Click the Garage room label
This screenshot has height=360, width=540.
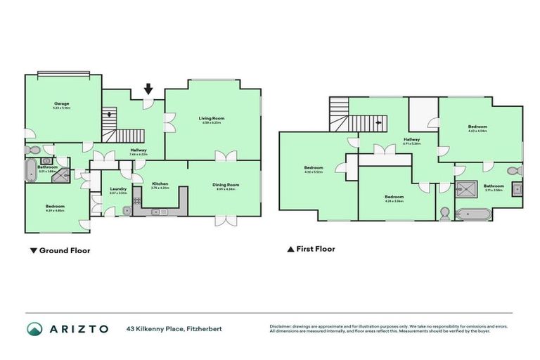(x=62, y=103)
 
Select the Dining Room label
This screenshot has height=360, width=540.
(x=226, y=184)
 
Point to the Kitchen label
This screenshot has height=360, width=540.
(x=160, y=184)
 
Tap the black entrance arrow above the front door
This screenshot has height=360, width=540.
(x=148, y=89)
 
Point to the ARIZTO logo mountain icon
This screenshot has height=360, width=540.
(x=34, y=328)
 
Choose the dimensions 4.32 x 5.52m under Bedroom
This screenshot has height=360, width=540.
(x=314, y=172)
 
